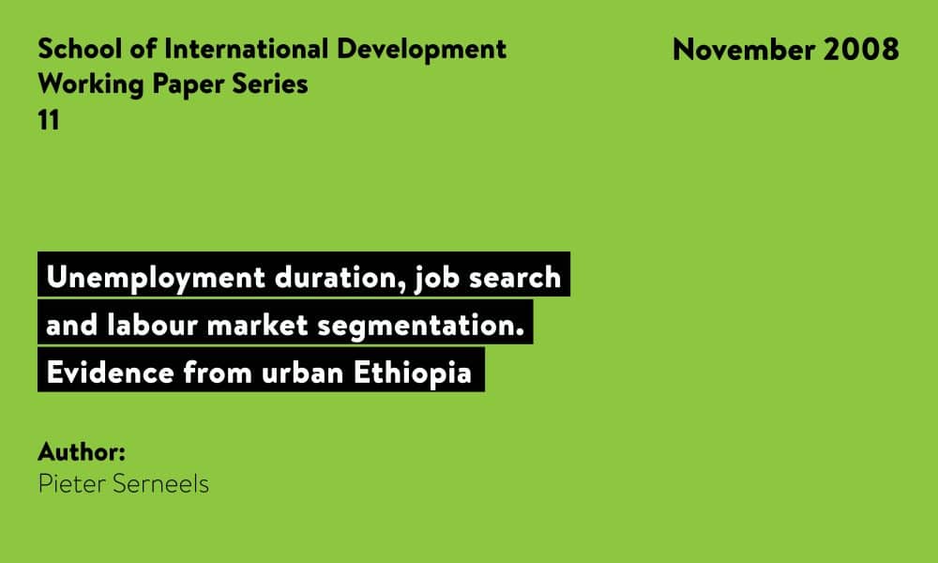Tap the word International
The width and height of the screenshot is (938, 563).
pyautogui.click(x=247, y=49)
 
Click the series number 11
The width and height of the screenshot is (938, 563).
pyautogui.click(x=49, y=120)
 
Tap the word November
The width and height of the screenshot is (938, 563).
pyautogui.click(x=743, y=49)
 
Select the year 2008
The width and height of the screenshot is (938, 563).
pyautogui.click(x=861, y=49)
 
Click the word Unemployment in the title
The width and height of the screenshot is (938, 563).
pyautogui.click(x=156, y=278)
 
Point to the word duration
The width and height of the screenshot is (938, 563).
pyautogui.click(x=340, y=278)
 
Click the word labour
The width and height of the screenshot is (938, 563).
pyautogui.click(x=153, y=325)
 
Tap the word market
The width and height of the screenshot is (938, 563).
pyautogui.click(x=257, y=325)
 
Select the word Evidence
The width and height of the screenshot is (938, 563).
pyautogui.click(x=110, y=373)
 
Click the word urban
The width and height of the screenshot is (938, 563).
pyautogui.click(x=302, y=373)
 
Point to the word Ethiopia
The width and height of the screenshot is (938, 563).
pyautogui.click(x=413, y=373)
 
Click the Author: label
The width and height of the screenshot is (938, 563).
pyautogui.click(x=82, y=451)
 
